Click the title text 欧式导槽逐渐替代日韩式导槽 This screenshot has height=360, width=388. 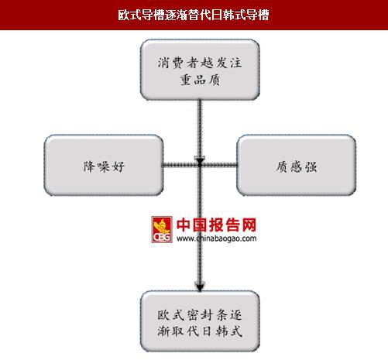point(194,15)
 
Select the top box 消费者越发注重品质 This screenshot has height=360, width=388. point(200,70)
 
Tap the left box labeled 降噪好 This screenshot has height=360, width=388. point(104,165)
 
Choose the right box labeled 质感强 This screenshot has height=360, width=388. point(297,165)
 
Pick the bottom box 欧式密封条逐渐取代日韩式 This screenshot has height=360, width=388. point(200,321)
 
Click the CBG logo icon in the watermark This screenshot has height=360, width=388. point(162,229)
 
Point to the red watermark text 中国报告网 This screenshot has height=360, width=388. point(216,225)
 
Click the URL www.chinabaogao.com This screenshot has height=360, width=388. point(216,238)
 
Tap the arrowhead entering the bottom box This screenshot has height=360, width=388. point(200,286)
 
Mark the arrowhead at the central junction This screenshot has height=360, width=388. point(200,160)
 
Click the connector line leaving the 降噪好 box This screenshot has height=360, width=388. point(180,165)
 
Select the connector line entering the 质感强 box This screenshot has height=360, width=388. point(218,165)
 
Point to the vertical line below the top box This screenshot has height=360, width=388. point(200,129)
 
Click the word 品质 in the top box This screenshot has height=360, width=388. point(208,80)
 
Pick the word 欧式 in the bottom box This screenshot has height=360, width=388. point(170,315)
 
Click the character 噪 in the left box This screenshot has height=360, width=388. point(105,166)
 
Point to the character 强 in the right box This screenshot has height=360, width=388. point(311,166)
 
